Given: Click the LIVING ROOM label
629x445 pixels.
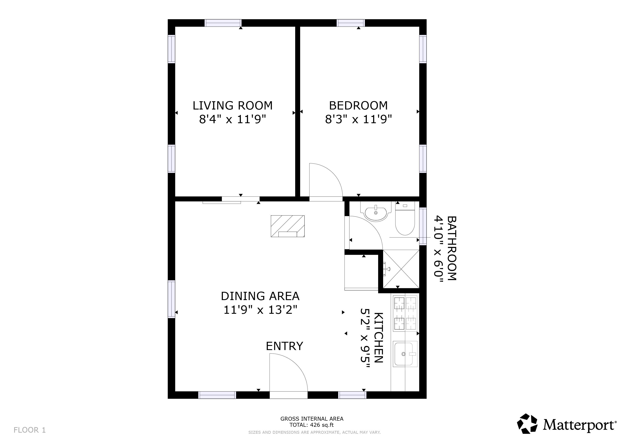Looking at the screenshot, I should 232,106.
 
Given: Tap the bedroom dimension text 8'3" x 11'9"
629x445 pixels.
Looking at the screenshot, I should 358,120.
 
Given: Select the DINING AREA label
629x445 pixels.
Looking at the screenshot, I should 260,296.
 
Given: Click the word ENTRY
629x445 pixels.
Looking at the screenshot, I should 284,346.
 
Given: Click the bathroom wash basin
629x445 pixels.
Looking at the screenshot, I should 376,213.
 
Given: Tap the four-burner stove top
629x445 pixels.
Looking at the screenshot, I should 405,314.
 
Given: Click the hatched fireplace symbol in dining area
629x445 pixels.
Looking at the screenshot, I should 287,226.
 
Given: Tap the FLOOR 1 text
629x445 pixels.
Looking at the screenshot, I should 30,430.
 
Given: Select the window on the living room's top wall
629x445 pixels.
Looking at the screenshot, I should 223,23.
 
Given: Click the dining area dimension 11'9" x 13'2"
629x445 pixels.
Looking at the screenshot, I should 260,310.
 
